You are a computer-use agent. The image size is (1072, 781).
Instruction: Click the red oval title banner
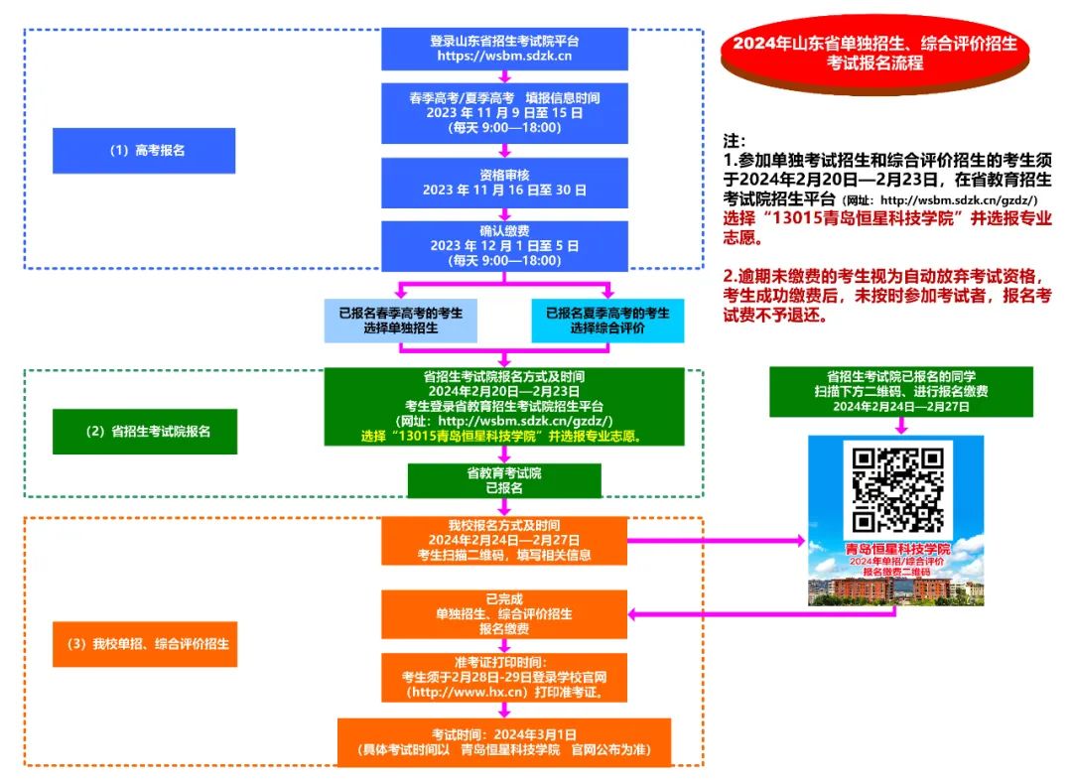tap(875, 53)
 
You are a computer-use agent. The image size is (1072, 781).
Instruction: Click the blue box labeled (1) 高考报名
tap(144, 151)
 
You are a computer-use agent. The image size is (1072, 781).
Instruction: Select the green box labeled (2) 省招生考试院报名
tap(145, 432)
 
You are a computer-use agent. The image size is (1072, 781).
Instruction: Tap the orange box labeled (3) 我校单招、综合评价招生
tap(145, 643)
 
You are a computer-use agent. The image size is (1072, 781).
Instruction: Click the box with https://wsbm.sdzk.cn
tap(504, 49)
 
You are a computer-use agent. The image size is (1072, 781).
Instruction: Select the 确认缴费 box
tap(504, 245)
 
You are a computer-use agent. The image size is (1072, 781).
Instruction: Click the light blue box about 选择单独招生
tap(401, 320)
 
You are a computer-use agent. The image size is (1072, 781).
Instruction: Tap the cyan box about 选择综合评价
tap(607, 320)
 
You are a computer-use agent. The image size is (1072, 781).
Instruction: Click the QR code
tap(897, 488)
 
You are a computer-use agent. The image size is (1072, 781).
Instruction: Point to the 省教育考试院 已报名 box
tap(504, 481)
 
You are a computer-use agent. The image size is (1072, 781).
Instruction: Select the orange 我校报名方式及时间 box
tap(504, 540)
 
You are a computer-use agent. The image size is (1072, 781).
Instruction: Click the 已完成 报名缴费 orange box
tap(504, 614)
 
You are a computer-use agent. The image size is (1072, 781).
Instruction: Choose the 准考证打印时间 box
tap(504, 677)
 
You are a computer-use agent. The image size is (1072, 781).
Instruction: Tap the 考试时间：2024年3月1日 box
tap(504, 741)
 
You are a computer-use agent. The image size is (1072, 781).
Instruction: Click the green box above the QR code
tap(901, 391)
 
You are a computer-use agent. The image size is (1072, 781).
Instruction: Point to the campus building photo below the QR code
tap(897, 589)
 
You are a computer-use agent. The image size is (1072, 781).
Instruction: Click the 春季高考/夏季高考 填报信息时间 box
tap(504, 112)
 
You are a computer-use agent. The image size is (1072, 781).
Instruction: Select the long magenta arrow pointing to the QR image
tap(715, 540)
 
